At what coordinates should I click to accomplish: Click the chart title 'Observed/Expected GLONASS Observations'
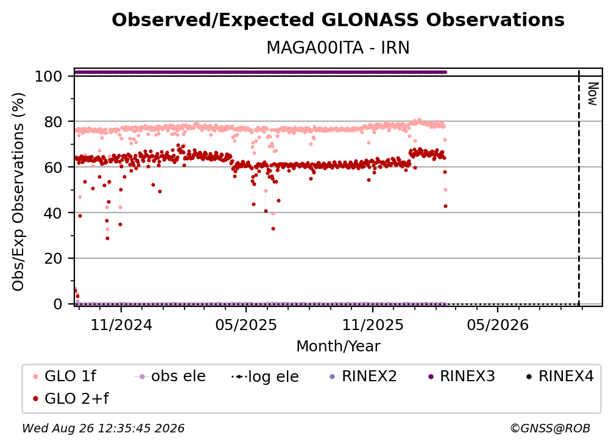click(338, 20)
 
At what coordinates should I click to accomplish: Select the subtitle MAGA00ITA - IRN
click(338, 48)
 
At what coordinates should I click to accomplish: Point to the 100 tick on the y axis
click(49, 76)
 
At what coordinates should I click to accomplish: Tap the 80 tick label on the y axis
click(53, 122)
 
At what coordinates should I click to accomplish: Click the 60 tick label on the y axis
click(53, 167)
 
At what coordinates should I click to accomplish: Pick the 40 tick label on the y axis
click(53, 213)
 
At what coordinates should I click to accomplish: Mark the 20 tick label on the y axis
click(53, 259)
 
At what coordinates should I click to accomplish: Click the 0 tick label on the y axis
click(58, 304)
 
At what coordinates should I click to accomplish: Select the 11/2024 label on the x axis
click(121, 325)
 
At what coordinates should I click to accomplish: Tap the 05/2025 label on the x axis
click(246, 325)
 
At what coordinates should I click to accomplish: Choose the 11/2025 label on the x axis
click(373, 325)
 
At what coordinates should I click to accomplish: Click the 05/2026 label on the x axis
click(498, 325)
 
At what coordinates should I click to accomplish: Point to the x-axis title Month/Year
click(338, 347)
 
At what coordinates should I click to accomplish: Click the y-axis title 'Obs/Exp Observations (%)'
click(18, 192)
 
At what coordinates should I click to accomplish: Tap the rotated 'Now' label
click(593, 94)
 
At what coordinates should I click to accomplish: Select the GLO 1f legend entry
click(65, 376)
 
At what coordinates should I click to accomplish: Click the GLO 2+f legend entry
click(71, 399)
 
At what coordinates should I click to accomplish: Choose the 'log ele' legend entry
click(266, 377)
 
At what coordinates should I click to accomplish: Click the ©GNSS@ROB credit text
click(550, 428)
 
